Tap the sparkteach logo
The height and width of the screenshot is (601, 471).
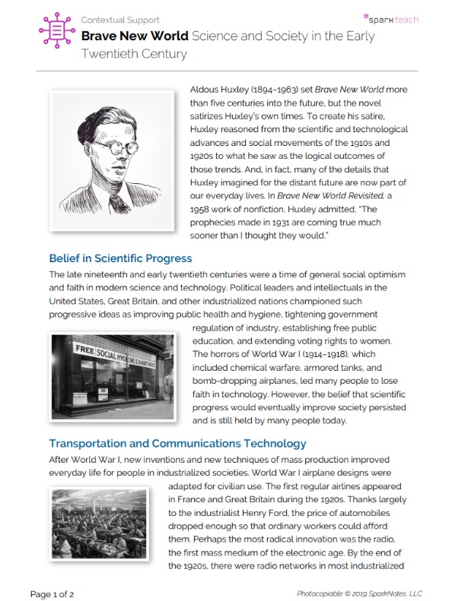[390, 18]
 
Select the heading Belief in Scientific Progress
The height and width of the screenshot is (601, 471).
[120, 258]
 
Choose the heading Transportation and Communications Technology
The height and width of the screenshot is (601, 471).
[177, 443]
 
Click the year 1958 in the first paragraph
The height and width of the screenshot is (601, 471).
[202, 209]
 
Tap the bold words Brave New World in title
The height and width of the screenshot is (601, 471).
[135, 36]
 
